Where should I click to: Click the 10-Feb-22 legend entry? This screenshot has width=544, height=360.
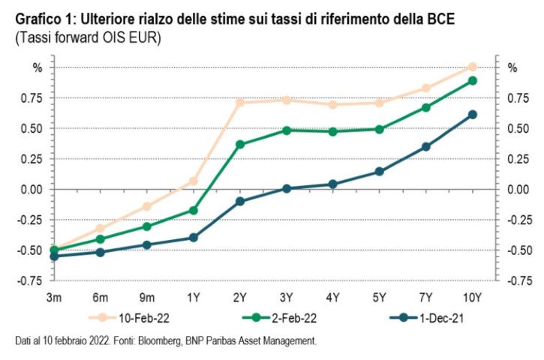tap(129, 318)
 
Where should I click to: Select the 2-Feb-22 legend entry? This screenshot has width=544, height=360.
tap(279, 318)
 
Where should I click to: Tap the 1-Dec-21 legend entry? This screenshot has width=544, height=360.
tap(426, 318)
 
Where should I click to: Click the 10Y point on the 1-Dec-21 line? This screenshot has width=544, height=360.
tap(472, 115)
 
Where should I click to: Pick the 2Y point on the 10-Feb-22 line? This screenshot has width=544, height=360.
tap(240, 102)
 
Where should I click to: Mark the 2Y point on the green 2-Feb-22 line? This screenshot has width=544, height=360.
tap(240, 144)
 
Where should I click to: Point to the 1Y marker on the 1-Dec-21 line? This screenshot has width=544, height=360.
tap(194, 238)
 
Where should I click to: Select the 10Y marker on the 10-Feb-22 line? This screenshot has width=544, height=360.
tap(472, 67)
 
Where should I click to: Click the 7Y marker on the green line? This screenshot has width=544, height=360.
tap(426, 107)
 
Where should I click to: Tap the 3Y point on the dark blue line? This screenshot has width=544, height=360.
tap(287, 189)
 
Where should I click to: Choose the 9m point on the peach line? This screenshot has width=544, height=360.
tap(147, 206)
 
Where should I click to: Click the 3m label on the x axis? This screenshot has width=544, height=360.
tap(54, 297)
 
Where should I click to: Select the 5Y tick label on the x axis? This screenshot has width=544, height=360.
tap(379, 297)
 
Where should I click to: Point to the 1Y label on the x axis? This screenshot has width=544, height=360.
tap(194, 297)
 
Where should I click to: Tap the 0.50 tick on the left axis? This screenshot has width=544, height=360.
tap(32, 128)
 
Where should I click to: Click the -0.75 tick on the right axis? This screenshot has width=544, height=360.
tap(519, 280)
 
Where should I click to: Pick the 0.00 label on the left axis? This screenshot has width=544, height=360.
tap(32, 189)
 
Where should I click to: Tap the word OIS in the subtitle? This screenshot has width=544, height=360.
tap(110, 37)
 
